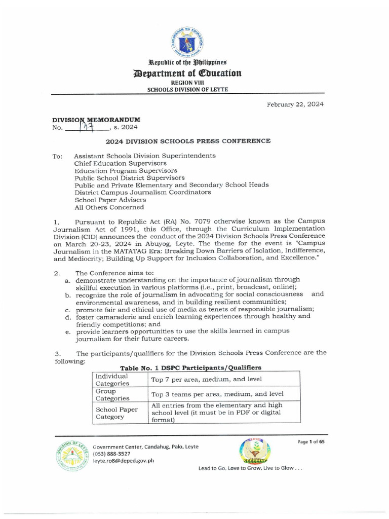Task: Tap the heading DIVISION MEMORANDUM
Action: [x=96, y=120]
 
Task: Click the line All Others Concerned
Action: [x=109, y=207]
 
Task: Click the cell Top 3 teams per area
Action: [x=217, y=394]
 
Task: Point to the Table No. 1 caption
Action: [x=190, y=367]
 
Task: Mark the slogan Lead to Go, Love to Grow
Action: [x=250, y=468]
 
